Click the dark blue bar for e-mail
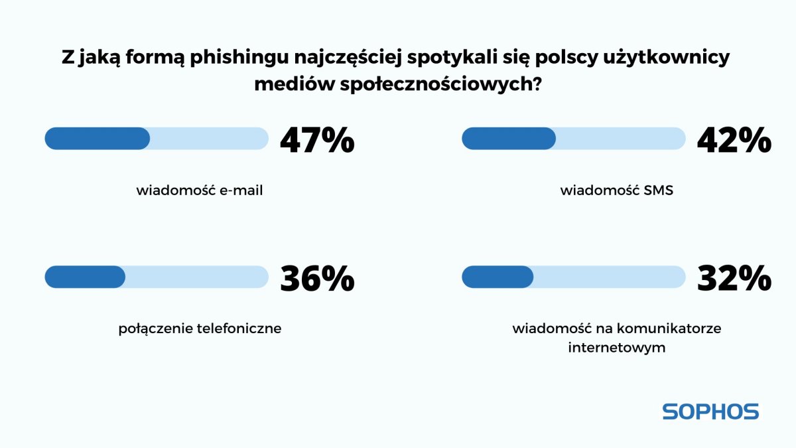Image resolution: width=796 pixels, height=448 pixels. point(98,139)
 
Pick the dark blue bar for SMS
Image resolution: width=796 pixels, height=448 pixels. point(509,139)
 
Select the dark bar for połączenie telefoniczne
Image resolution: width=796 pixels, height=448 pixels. point(85,277)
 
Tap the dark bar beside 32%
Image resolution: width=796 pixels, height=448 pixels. point(497,277)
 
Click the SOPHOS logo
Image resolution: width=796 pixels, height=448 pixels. point(710,411)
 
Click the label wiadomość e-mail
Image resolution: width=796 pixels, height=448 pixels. point(200,191)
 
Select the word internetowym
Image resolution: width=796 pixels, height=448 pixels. point(617,347)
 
